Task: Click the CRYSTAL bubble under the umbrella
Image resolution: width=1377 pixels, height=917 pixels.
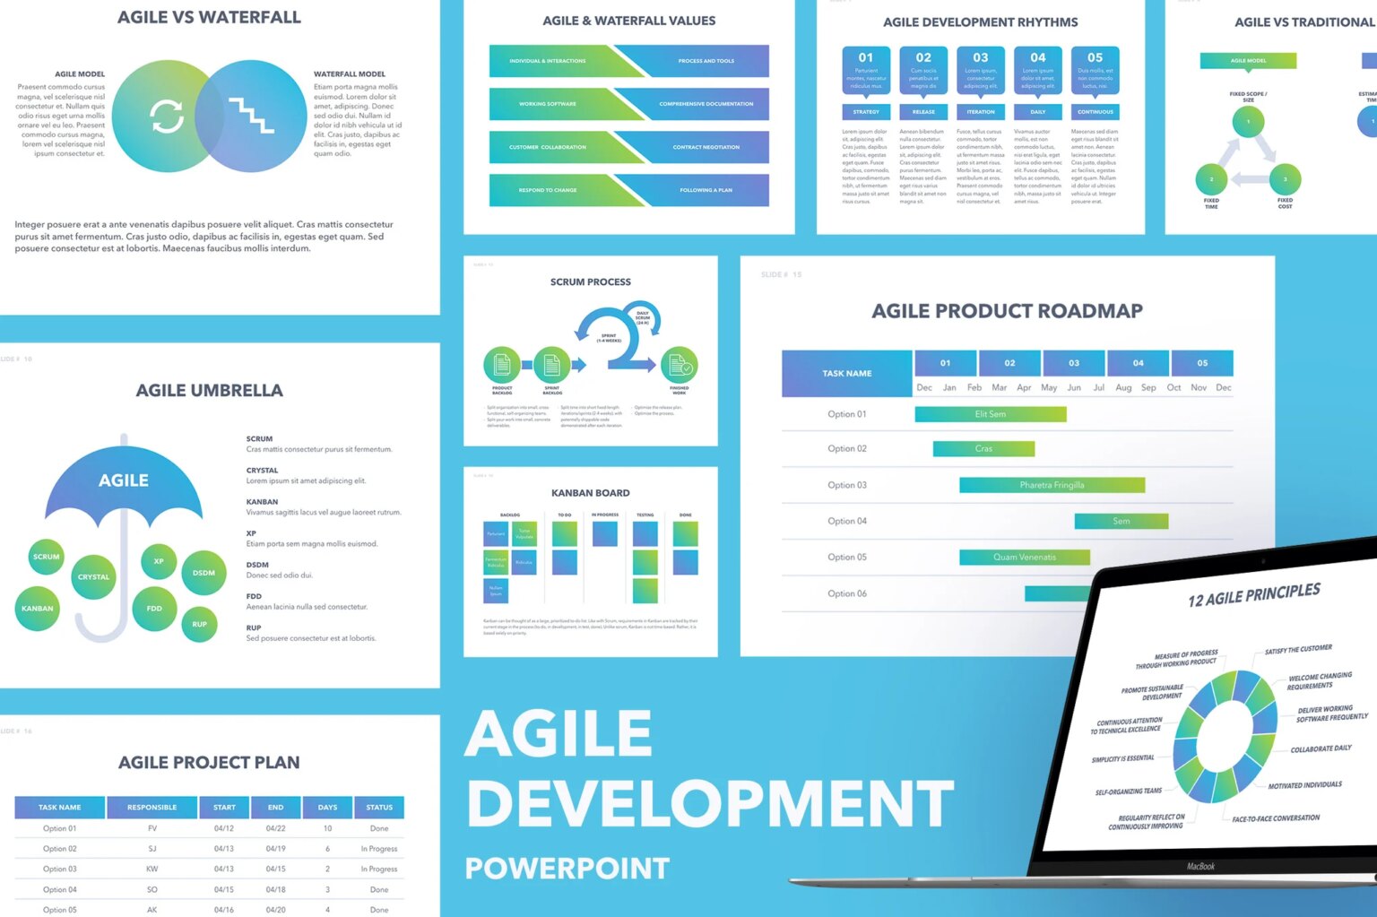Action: point(93,577)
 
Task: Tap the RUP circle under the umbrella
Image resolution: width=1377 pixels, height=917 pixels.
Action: point(199,624)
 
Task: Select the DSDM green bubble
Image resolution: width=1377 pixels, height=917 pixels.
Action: point(204,573)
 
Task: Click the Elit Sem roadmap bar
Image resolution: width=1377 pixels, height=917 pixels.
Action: point(990,414)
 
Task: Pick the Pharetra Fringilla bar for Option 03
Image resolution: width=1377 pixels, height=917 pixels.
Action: point(1052,485)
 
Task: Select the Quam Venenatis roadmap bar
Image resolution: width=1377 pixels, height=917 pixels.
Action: point(1024,558)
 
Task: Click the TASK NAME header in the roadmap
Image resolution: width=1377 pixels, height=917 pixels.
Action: point(847,373)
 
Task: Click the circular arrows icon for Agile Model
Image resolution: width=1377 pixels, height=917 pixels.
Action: point(167,116)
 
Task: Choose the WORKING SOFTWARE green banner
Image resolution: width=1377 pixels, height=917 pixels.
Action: point(549,104)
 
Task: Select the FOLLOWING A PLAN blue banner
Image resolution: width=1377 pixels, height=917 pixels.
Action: point(706,190)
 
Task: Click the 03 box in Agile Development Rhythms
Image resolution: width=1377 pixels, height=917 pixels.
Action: point(981,68)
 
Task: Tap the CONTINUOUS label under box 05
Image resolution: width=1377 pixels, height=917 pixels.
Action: point(1096,112)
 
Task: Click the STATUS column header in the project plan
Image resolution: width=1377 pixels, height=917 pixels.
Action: point(379,808)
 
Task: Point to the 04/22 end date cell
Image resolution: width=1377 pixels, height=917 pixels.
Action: point(275,828)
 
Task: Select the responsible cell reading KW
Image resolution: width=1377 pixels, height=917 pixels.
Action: point(152,869)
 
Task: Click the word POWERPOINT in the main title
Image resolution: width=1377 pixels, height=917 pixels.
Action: point(567,868)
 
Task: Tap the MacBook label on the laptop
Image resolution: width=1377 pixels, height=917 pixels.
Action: point(1200,867)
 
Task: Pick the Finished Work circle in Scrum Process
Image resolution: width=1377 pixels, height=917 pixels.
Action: point(680,365)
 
